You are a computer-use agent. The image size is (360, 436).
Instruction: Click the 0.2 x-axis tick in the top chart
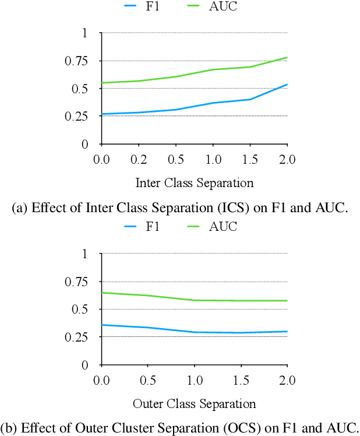point(139,159)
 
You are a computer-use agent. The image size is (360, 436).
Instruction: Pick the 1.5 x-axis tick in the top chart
point(250,159)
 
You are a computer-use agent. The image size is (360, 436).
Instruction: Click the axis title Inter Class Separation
point(195,183)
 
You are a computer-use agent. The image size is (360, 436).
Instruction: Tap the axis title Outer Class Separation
point(195,403)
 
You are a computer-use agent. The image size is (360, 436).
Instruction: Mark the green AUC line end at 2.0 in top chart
point(287,58)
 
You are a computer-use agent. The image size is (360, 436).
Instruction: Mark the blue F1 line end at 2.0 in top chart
point(287,85)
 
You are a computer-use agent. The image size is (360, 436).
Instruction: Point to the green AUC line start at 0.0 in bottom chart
point(103,293)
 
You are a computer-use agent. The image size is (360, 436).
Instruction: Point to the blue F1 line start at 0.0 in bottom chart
point(103,325)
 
